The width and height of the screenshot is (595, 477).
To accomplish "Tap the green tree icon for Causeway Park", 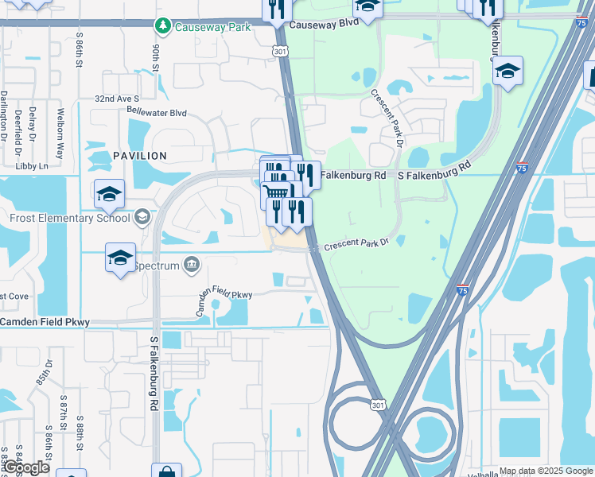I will click(163, 26).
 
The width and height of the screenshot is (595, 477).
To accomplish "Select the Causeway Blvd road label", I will click(325, 25).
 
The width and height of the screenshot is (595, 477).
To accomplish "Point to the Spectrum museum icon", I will click(191, 265).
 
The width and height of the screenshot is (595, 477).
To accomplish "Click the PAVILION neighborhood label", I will click(140, 156).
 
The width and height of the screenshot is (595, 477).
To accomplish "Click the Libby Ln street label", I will click(32, 166).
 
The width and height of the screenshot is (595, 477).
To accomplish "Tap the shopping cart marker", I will click(276, 192).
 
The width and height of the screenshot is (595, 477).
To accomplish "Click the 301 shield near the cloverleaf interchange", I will click(378, 405).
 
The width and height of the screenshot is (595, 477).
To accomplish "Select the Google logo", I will click(25, 468).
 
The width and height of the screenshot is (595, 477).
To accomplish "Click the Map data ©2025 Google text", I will click(546, 471).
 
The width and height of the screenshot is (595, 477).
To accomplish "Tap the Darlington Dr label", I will click(4, 114).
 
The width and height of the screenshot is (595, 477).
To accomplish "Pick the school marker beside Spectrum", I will click(120, 258).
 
